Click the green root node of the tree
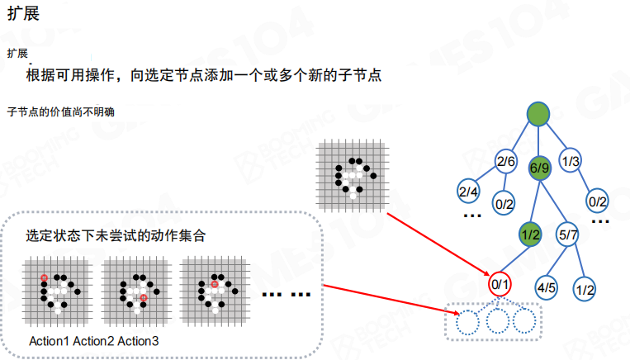(x=538, y=115)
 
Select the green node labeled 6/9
(x=538, y=168)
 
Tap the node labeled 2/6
(x=505, y=161)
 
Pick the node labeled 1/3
(x=570, y=161)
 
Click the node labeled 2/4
(x=468, y=192)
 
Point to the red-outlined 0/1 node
(x=500, y=285)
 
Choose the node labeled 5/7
(x=568, y=234)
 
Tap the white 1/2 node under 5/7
(x=585, y=289)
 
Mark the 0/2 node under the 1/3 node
(x=597, y=200)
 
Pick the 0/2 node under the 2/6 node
(x=504, y=201)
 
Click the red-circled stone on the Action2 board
(x=144, y=297)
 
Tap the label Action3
(x=139, y=341)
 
